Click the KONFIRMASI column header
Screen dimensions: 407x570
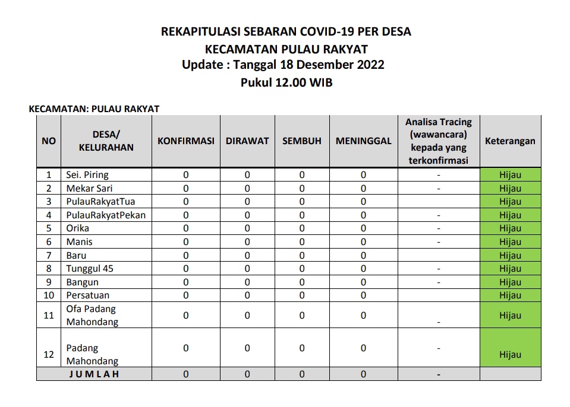(185, 141)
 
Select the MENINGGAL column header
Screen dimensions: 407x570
(363, 141)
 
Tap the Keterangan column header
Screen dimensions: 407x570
(510, 141)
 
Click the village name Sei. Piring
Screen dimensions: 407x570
(87, 175)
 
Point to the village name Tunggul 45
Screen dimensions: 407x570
(90, 269)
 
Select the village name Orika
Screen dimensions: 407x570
(78, 228)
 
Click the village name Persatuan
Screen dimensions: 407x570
(88, 295)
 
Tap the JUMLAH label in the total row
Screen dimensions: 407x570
(94, 374)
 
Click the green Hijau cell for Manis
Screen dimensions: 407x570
(510, 242)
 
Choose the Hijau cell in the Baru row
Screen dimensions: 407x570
(510, 256)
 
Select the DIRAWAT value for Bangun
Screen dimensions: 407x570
(247, 282)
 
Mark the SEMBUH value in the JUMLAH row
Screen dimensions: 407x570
(302, 374)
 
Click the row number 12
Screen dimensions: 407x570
(49, 355)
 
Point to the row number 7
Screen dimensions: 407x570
(49, 256)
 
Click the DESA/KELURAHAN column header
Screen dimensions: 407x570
(106, 141)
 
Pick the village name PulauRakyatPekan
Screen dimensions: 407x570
(106, 215)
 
